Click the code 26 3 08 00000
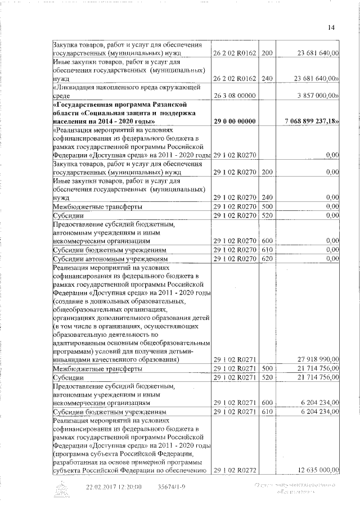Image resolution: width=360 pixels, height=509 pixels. (234, 96)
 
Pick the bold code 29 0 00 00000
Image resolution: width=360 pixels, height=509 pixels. (234, 121)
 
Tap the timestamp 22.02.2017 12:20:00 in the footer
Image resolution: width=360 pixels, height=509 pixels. (114, 487)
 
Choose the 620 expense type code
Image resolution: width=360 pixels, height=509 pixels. (267, 259)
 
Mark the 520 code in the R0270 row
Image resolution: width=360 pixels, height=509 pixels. (267, 215)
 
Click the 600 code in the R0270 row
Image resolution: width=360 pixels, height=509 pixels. (267, 241)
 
